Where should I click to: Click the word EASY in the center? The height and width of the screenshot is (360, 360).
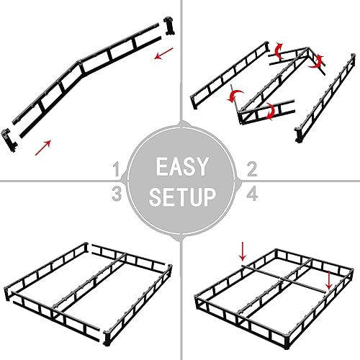point(180,167)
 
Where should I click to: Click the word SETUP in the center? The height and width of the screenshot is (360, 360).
point(180,196)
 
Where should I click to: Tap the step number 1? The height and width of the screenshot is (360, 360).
point(117,170)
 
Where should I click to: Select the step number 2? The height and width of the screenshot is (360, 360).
point(252,170)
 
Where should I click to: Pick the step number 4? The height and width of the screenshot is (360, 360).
point(252,192)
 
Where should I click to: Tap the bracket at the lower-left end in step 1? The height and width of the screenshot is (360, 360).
point(9,138)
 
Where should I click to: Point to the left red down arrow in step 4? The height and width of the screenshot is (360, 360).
point(243,251)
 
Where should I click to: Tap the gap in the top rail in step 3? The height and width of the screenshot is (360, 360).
point(90,249)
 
